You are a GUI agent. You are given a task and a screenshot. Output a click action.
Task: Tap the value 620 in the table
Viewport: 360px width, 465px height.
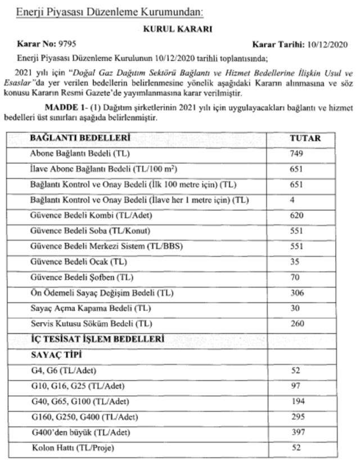[x=297, y=216]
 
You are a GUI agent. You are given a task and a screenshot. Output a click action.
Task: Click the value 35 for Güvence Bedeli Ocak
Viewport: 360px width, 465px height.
[x=295, y=262]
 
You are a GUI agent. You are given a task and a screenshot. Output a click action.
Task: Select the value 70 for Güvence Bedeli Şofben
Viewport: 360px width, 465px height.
[x=295, y=278]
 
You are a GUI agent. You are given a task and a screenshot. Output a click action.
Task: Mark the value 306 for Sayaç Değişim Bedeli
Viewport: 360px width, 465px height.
[x=297, y=293]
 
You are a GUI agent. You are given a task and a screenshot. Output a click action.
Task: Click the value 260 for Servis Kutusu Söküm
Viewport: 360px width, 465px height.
[x=297, y=324]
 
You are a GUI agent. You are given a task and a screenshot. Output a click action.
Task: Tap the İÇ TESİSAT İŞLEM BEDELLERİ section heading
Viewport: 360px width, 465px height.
[x=97, y=339]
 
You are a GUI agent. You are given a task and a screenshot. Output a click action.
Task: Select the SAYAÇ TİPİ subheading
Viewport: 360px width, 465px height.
[x=56, y=355]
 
